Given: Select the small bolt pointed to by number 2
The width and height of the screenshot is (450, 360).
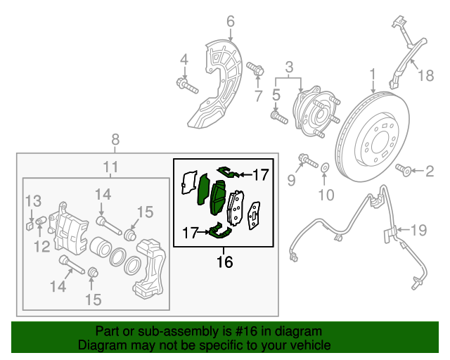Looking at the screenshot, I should (404, 169).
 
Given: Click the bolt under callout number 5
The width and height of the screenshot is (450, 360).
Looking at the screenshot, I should (278, 116).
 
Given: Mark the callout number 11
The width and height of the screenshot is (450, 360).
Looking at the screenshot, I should (109, 167).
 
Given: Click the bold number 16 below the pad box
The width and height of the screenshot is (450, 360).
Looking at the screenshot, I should (224, 262).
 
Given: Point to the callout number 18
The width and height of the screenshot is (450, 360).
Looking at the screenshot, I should (426, 76).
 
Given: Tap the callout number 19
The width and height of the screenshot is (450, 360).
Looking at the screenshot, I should (419, 229).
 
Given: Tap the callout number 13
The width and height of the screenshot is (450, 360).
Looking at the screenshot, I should (34, 202).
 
